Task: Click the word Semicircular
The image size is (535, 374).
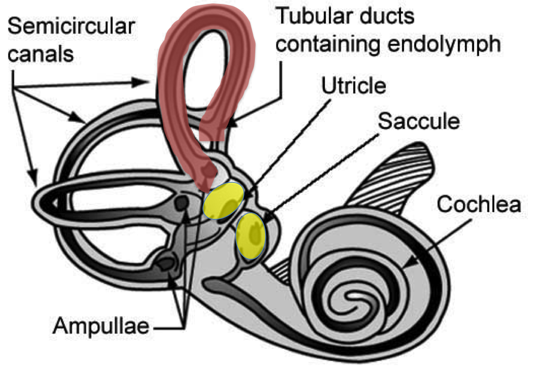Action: click(71, 27)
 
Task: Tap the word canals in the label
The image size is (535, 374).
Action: click(40, 54)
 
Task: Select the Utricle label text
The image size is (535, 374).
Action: click(354, 86)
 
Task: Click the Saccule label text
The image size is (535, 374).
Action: click(419, 121)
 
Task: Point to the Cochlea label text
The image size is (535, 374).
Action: click(479, 204)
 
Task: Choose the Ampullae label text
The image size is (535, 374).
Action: click(101, 326)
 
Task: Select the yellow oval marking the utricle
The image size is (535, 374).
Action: click(224, 201)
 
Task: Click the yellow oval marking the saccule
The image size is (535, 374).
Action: click(250, 236)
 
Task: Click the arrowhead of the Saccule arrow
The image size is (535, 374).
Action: click(268, 217)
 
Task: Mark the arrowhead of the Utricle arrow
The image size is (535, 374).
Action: click(248, 196)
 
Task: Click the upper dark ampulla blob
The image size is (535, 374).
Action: click(182, 203)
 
